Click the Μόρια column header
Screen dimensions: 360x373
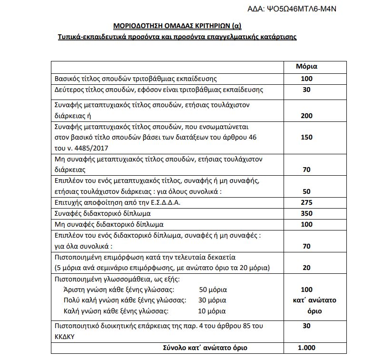click(x=306, y=67)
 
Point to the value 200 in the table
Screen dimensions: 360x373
click(x=306, y=115)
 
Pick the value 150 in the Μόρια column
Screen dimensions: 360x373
click(x=306, y=137)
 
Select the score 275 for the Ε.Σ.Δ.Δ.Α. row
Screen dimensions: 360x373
click(x=306, y=202)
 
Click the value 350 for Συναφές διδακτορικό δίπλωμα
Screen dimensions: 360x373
click(x=306, y=213)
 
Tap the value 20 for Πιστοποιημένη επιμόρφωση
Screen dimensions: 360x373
click(x=306, y=268)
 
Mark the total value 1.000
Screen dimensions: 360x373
click(x=306, y=348)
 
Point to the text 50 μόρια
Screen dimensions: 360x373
click(x=213, y=290)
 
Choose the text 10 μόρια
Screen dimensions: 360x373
click(x=211, y=311)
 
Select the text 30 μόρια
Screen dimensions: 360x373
click(x=212, y=300)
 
